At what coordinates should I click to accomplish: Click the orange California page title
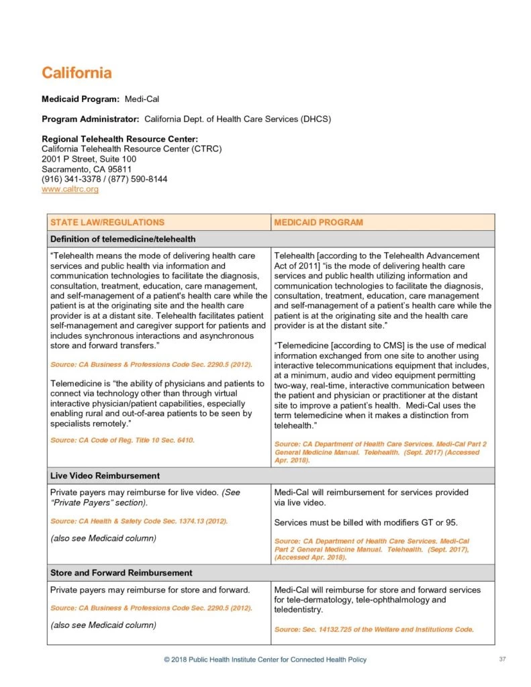(x=77, y=72)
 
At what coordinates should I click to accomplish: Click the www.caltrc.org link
(x=70, y=189)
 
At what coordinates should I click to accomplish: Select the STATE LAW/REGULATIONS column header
(x=107, y=222)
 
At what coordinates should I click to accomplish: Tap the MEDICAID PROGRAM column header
(x=318, y=222)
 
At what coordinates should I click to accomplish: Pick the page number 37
(x=502, y=659)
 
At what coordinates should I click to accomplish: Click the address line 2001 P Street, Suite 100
(x=89, y=159)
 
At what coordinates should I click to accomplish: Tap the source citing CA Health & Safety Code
(x=139, y=521)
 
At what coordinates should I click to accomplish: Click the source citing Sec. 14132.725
(x=374, y=629)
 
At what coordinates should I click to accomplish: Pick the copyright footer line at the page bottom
(x=265, y=659)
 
